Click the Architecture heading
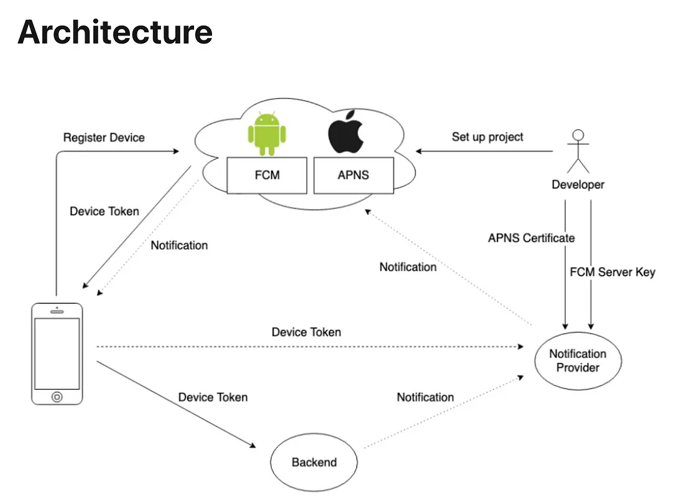tap(115, 32)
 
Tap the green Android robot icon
tap(267, 134)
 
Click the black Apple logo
tap(346, 132)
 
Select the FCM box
tap(267, 175)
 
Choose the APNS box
tap(354, 175)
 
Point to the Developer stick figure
tap(578, 151)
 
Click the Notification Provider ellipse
tap(578, 361)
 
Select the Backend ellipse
tap(313, 462)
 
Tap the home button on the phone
tap(57, 397)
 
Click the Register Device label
tap(104, 138)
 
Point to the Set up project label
tap(488, 137)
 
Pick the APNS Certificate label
tap(531, 238)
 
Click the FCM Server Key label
tap(612, 272)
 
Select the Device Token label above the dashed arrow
tap(306, 333)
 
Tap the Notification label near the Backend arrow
tap(425, 397)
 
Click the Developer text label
tap(578, 185)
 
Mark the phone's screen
tap(57, 354)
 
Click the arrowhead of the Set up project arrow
tap(418, 151)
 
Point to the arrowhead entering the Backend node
tap(253, 445)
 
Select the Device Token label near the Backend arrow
tap(213, 397)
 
